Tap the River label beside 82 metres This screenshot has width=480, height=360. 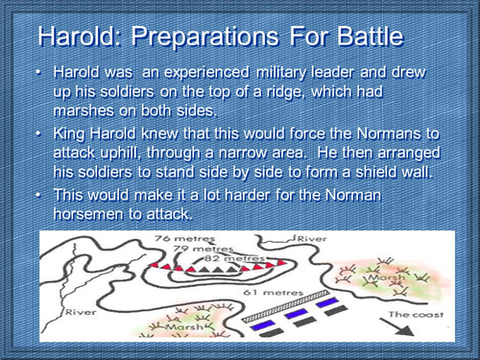pos(310,237)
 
